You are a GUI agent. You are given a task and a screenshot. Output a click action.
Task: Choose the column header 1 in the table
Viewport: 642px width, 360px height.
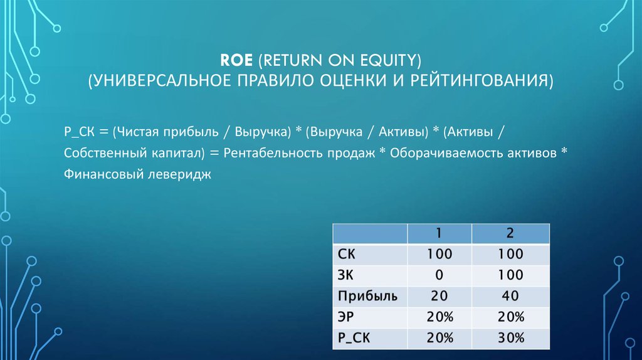pos(439,233)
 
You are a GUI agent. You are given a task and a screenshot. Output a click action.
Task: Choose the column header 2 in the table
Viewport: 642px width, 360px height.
pos(510,233)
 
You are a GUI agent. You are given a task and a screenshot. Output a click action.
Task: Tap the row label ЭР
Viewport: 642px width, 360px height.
pos(346,317)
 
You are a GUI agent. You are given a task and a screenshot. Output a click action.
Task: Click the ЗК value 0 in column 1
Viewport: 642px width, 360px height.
pos(439,275)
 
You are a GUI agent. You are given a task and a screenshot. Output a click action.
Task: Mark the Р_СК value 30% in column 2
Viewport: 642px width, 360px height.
pos(510,338)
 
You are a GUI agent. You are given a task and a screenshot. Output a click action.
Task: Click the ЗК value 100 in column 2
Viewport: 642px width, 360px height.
pos(510,275)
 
